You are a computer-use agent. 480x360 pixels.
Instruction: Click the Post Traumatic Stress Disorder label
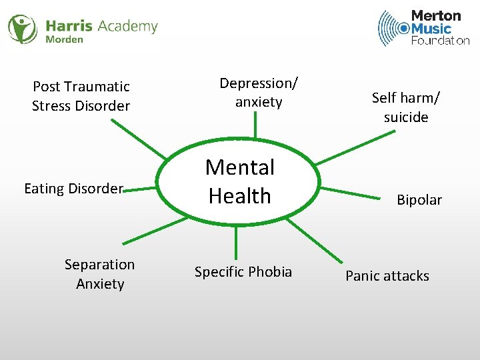tap(81, 96)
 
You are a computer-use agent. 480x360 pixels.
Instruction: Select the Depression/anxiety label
tap(259, 93)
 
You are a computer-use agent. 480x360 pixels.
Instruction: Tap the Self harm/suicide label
tap(405, 107)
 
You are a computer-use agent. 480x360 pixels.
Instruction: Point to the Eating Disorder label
tap(73, 189)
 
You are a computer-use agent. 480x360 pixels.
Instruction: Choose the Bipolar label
tap(419, 200)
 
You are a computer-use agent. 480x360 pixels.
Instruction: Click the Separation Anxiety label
tap(99, 274)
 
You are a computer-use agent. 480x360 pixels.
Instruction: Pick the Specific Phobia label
tap(243, 272)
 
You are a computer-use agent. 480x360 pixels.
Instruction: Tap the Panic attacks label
tap(387, 276)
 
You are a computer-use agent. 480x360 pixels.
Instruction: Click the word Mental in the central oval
tap(240, 167)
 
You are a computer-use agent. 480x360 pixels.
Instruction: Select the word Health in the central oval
tap(240, 196)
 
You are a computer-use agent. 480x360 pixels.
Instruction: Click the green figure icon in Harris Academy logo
tap(22, 29)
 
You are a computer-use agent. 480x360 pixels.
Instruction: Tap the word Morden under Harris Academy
tap(64, 39)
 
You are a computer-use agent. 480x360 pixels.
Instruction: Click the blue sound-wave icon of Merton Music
tap(394, 28)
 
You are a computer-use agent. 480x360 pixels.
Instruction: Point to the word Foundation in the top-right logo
tap(440, 41)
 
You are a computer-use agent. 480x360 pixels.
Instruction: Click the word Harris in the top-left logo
tap(69, 27)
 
